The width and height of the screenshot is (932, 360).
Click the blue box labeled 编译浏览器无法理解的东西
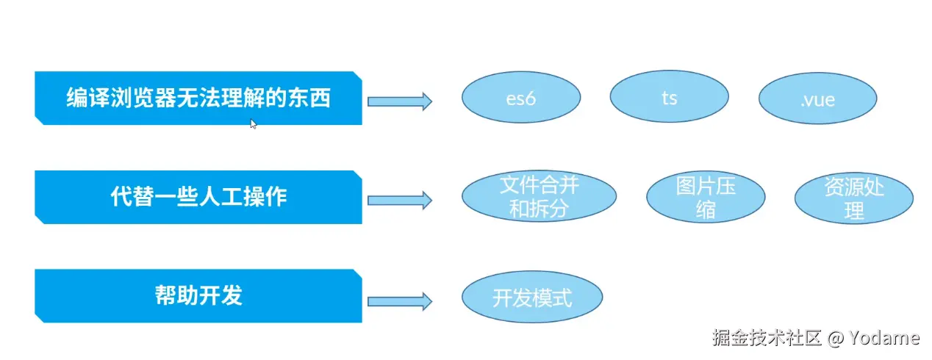(x=198, y=98)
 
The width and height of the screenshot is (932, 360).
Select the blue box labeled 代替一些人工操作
(x=198, y=197)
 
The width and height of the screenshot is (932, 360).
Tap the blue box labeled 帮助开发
(x=198, y=295)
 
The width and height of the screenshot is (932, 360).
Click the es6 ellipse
(x=521, y=98)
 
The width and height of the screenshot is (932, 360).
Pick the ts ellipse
(x=669, y=98)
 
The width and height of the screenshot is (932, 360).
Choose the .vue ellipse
(x=817, y=99)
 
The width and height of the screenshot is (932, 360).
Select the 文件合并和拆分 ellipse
(x=539, y=197)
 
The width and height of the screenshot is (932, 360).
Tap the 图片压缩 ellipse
(x=706, y=197)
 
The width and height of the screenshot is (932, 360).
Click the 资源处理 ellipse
(x=854, y=198)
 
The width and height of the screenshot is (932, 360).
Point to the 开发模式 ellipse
(x=532, y=298)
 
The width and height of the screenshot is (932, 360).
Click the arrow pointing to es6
(x=399, y=101)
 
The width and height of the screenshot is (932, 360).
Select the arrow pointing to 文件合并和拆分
(x=399, y=200)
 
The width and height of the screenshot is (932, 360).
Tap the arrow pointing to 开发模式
(x=399, y=300)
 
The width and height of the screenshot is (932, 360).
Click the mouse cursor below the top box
(x=253, y=124)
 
